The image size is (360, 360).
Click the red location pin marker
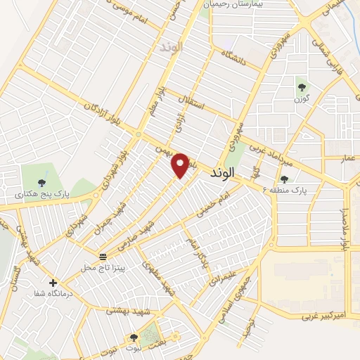(x=181, y=164)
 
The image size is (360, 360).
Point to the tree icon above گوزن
(x=302, y=87)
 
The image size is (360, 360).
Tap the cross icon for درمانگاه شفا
(x=53, y=283)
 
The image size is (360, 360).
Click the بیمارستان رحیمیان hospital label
(x=226, y=4)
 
